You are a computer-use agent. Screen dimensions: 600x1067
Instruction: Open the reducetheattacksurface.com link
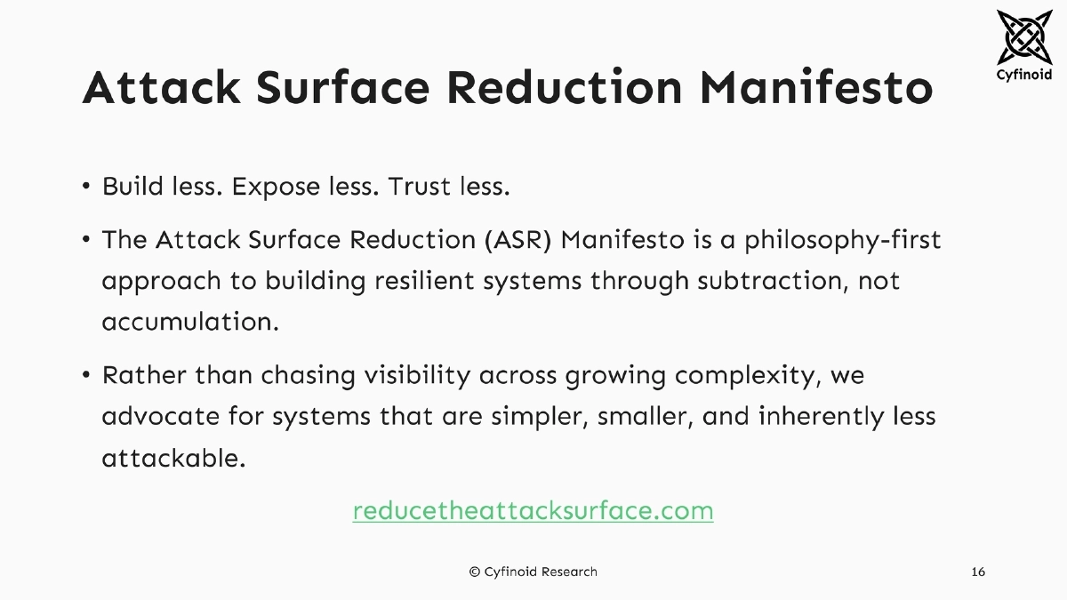click(533, 511)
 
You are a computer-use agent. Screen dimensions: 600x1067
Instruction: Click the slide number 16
click(978, 572)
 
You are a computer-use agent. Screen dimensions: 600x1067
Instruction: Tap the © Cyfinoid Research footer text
click(533, 572)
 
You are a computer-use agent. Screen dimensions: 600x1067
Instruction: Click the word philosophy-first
click(842, 240)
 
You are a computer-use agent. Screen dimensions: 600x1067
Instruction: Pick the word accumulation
click(190, 322)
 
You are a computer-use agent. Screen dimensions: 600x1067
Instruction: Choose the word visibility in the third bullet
click(417, 375)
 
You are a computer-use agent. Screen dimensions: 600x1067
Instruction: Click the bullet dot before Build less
click(86, 188)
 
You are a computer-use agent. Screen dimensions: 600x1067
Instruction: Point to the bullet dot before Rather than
click(86, 375)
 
